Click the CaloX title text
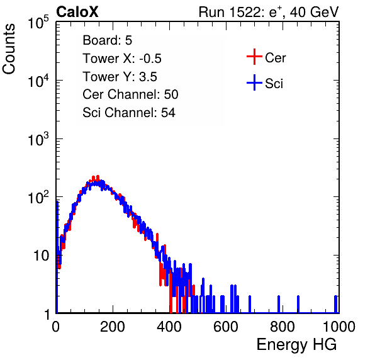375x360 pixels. pos(77,12)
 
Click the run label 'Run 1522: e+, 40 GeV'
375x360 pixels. pos(269,12)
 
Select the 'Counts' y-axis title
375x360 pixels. pos(9,49)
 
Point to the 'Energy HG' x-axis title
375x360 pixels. pos(296,345)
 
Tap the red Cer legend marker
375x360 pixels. pos(254,57)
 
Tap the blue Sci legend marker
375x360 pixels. pos(254,82)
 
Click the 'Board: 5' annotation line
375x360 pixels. pos(108,40)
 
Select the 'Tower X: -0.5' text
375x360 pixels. pos(122,59)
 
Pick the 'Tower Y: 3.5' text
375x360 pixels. pos(120,77)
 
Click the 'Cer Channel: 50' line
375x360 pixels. pos(130,94)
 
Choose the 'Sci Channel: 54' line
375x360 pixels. pos(129,113)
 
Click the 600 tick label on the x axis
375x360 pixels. pos(226,327)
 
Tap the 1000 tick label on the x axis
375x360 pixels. pos(339,327)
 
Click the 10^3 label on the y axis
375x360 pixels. pos(38,139)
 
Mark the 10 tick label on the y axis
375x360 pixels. pos(41,256)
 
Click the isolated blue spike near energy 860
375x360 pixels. pos(298,304)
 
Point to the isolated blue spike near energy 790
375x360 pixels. pos(279,304)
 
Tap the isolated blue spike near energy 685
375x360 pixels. pos(250,304)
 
